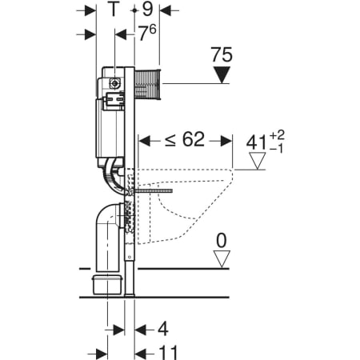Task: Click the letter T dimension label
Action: coord(114,9)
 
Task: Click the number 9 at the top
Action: coord(147,9)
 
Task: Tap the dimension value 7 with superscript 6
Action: coord(147,33)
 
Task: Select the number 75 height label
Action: coord(222,55)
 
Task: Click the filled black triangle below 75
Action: coord(222,75)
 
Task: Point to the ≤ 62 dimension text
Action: coord(185,139)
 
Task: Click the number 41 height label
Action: coord(256,142)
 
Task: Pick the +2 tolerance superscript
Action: coord(277,135)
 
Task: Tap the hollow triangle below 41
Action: coord(257,161)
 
